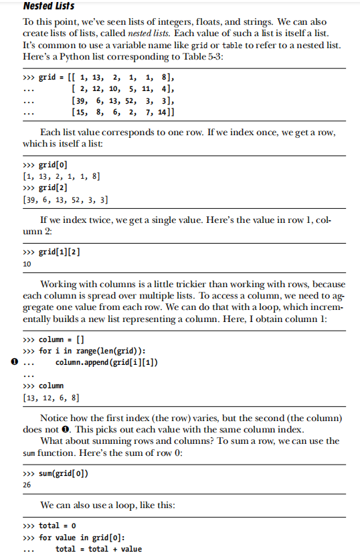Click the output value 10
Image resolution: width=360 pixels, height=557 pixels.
pos(27,264)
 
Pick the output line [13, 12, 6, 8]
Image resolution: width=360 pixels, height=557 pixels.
pos(51,398)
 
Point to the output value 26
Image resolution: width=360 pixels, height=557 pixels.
pos(27,486)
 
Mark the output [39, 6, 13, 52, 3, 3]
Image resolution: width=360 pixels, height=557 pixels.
pos(66,200)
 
